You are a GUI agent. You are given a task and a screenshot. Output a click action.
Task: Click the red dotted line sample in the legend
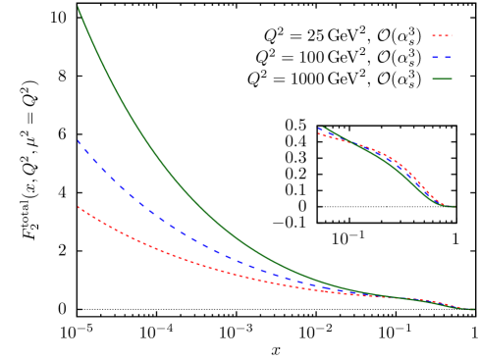point(442,36)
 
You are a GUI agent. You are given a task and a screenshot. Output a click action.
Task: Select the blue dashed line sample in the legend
point(442,58)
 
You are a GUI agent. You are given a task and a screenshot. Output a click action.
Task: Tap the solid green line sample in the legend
point(442,79)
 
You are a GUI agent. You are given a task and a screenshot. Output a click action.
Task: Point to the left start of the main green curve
point(79,9)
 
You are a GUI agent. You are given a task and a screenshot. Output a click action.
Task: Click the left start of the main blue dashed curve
point(79,142)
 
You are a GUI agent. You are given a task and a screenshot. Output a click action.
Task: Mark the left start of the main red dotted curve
point(79,207)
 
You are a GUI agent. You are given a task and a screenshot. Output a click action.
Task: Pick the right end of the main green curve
point(472,310)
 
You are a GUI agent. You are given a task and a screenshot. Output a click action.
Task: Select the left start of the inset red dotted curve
point(320,134)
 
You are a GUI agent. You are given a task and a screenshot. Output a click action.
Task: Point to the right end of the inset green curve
point(453,206)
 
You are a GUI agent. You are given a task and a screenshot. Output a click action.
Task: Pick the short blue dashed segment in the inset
point(325,131)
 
